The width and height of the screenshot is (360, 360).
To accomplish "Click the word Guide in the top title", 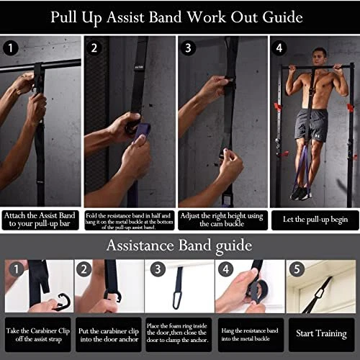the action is pyautogui.click(x=282, y=17).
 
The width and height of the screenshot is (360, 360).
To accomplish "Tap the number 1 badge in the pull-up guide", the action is pyautogui.click(x=11, y=48).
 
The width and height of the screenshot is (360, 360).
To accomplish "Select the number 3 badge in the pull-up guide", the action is pyautogui.click(x=188, y=48).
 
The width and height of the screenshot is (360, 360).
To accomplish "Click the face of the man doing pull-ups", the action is pyautogui.click(x=319, y=57).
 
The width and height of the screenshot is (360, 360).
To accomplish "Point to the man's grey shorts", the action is pyautogui.click(x=312, y=125).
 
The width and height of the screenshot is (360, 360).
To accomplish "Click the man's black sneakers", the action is pyautogui.click(x=300, y=193).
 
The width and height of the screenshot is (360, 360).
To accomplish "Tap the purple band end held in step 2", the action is pyautogui.click(x=142, y=132).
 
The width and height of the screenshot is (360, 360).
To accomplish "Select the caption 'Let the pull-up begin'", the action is pyautogui.click(x=315, y=220).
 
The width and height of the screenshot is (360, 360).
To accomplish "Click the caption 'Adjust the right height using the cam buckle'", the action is pyautogui.click(x=222, y=220).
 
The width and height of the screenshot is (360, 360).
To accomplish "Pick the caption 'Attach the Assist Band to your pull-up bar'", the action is pyautogui.click(x=40, y=220).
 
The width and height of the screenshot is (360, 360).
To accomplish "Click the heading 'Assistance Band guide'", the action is pyautogui.click(x=179, y=246).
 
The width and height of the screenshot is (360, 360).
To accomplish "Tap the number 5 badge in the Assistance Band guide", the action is pyautogui.click(x=297, y=269).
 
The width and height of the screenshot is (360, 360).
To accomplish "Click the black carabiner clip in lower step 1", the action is pyautogui.click(x=63, y=302).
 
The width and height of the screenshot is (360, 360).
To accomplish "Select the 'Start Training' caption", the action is pyautogui.click(x=321, y=333).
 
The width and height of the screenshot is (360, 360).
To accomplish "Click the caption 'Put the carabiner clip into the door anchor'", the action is pyautogui.click(x=109, y=335).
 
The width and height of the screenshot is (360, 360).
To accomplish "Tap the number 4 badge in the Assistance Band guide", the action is pyautogui.click(x=226, y=269).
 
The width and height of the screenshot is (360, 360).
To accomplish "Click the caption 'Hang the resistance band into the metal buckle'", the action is pyautogui.click(x=250, y=335).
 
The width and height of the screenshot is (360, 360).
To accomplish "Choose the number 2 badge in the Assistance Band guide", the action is pyautogui.click(x=84, y=269).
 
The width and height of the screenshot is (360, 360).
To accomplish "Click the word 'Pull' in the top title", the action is pyautogui.click(x=64, y=17).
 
